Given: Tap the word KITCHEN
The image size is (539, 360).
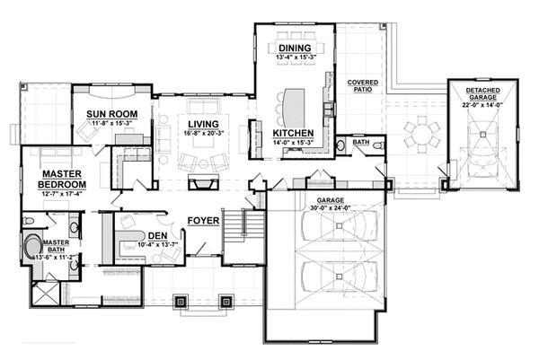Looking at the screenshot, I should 292,134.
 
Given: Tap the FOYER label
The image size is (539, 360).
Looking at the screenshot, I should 204,220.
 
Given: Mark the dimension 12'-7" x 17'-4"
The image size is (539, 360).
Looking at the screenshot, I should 60,192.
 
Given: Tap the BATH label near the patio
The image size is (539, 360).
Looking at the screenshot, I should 360,143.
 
